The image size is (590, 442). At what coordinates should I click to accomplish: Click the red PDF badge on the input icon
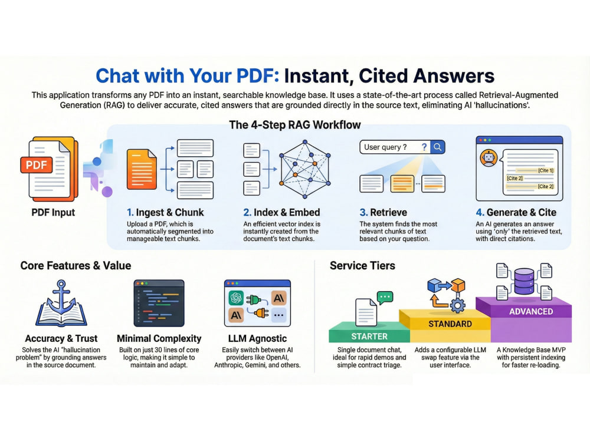[37, 165]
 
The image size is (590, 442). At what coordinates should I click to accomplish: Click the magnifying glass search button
[438, 147]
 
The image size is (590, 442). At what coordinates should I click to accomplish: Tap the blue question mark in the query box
[424, 147]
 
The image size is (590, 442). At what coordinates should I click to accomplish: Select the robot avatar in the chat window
[489, 158]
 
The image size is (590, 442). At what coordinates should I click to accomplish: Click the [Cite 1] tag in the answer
[546, 170]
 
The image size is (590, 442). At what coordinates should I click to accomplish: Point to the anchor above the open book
[61, 296]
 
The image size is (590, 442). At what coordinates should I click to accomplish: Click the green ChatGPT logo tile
[236, 298]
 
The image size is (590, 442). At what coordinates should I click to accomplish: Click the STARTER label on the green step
[369, 337]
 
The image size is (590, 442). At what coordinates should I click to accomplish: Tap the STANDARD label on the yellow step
[450, 324]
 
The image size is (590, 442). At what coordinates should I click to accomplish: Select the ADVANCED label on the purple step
[531, 312]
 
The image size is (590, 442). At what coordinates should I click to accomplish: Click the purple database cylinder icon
[524, 281]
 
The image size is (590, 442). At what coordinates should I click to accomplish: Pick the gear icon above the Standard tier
[458, 305]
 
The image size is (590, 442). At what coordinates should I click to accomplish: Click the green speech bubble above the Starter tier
[385, 298]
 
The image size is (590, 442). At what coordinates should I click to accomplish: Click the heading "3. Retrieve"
[383, 212]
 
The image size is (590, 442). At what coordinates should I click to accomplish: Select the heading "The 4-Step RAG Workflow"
[295, 125]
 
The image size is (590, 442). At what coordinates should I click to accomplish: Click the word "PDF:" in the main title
[258, 75]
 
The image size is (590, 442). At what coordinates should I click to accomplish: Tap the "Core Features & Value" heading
[76, 266]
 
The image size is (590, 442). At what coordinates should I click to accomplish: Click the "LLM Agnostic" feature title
[257, 339]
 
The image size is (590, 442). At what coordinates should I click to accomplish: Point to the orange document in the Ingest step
[142, 169]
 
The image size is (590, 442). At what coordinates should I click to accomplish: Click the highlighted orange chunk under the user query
[402, 184]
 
